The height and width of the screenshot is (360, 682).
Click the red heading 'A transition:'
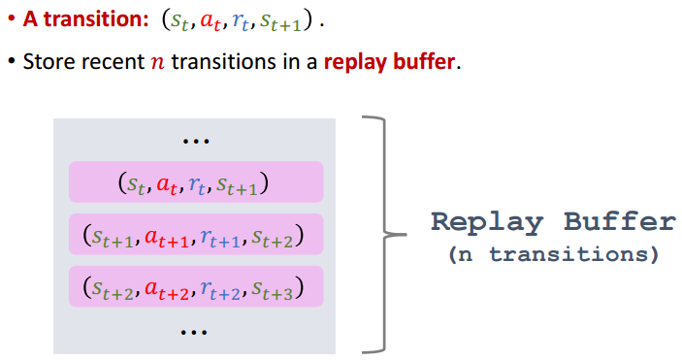pos(85,19)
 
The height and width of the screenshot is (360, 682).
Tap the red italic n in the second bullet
pos(158,63)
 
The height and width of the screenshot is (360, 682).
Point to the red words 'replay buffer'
pos(390,62)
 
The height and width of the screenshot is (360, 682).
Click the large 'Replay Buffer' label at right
pos(554,221)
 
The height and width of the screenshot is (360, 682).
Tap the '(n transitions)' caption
pos(554,254)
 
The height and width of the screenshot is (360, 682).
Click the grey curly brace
pos(384,234)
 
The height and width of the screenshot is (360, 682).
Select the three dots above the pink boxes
pos(196,141)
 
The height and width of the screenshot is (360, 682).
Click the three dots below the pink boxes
pos(194,333)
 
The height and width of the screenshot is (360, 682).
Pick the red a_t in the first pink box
pos(167,184)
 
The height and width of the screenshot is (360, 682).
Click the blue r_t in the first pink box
pos(197,185)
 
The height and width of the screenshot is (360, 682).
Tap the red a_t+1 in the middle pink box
pos(167,238)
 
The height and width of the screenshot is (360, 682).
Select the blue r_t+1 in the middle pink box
pos(220,238)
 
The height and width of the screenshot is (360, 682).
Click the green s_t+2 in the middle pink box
pos(273,238)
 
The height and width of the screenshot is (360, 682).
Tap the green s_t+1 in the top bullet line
pos(280,21)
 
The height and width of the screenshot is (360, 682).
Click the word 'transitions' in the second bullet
pos(223,62)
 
